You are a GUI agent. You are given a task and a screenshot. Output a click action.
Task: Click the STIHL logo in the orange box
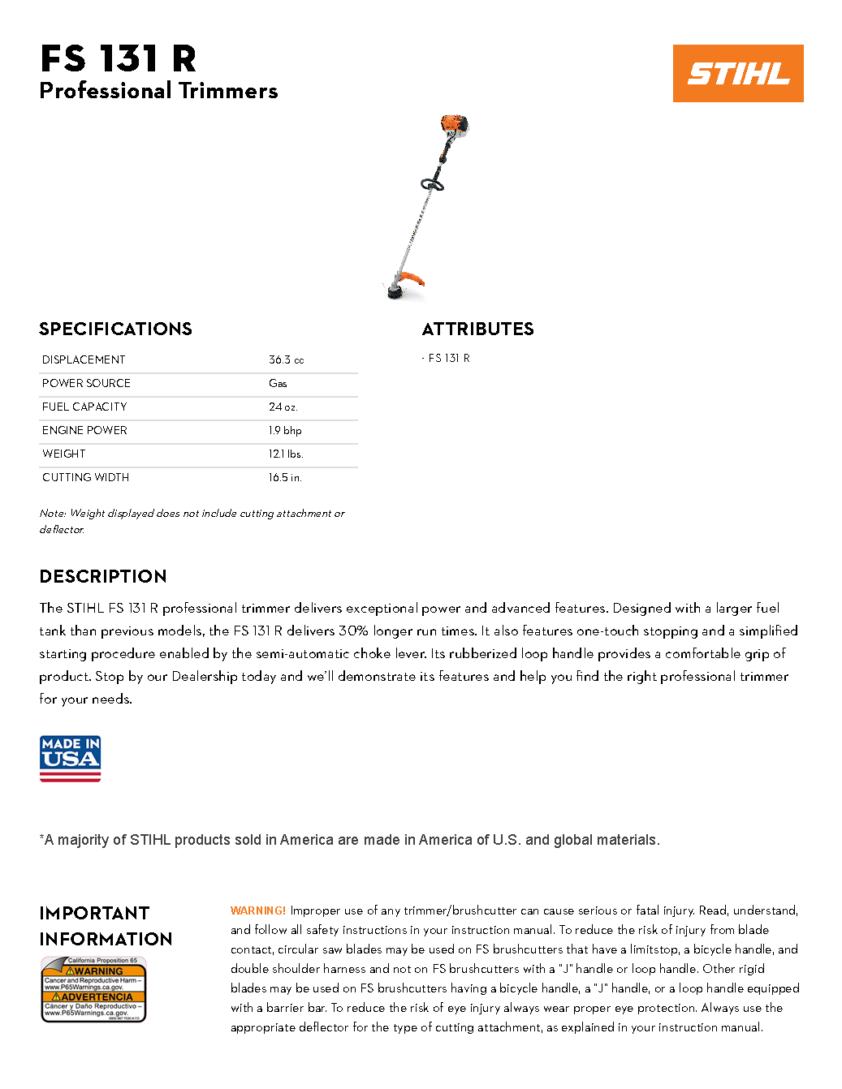pos(738,73)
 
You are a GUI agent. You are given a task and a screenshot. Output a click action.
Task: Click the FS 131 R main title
pos(119,59)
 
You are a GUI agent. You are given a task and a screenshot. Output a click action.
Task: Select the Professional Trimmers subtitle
pos(158,91)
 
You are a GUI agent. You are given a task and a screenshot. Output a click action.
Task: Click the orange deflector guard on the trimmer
pos(412,278)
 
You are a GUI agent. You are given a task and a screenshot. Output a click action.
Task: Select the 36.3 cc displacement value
pos(286,359)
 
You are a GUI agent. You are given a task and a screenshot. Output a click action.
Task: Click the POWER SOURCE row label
pos(86,383)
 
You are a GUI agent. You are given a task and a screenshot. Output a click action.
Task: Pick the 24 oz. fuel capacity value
pos(283,407)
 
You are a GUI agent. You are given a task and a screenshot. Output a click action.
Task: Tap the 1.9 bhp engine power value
pos(285,430)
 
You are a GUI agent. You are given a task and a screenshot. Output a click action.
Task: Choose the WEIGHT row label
pos(63,454)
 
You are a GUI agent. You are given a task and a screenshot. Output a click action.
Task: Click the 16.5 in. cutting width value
pos(285,477)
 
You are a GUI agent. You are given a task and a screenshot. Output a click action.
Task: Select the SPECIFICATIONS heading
pos(115,329)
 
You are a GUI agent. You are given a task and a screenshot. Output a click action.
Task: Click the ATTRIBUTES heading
pos(477,329)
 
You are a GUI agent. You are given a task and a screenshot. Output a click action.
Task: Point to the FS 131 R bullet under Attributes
pos(448,358)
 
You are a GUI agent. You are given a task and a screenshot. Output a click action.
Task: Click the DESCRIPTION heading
pos(103,576)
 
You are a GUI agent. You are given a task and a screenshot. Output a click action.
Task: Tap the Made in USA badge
pos(71,759)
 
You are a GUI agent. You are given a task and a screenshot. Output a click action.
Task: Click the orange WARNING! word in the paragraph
pos(258,910)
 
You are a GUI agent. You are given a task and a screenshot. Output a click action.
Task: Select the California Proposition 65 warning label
pos(93,989)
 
